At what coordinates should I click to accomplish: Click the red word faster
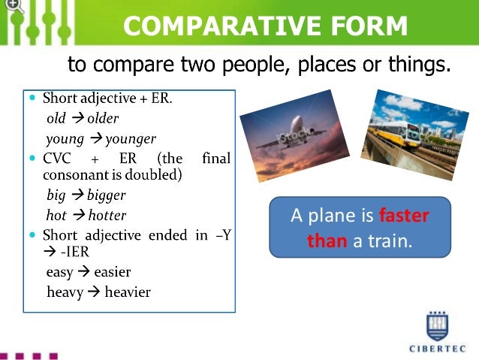coord(403,216)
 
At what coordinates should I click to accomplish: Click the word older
coord(103,119)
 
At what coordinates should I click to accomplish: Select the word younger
coord(131,138)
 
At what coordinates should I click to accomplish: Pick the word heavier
coord(122,292)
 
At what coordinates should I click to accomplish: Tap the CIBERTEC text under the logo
coord(438,348)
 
